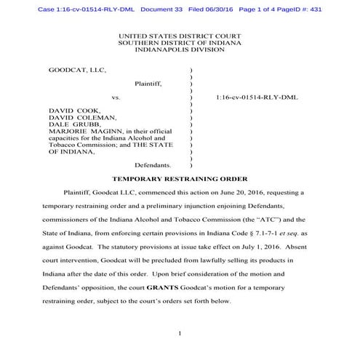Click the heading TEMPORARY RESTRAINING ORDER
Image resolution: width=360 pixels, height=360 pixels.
point(180,178)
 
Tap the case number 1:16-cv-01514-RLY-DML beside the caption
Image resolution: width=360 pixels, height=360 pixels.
point(257,97)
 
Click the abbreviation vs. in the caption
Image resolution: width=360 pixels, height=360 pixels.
point(116,97)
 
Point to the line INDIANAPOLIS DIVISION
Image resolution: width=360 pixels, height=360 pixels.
point(180,49)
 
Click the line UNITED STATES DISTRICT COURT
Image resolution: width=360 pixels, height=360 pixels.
point(180,35)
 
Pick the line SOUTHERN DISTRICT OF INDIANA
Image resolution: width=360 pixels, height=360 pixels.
point(180,41)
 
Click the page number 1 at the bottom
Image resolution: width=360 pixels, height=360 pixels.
point(179,332)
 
